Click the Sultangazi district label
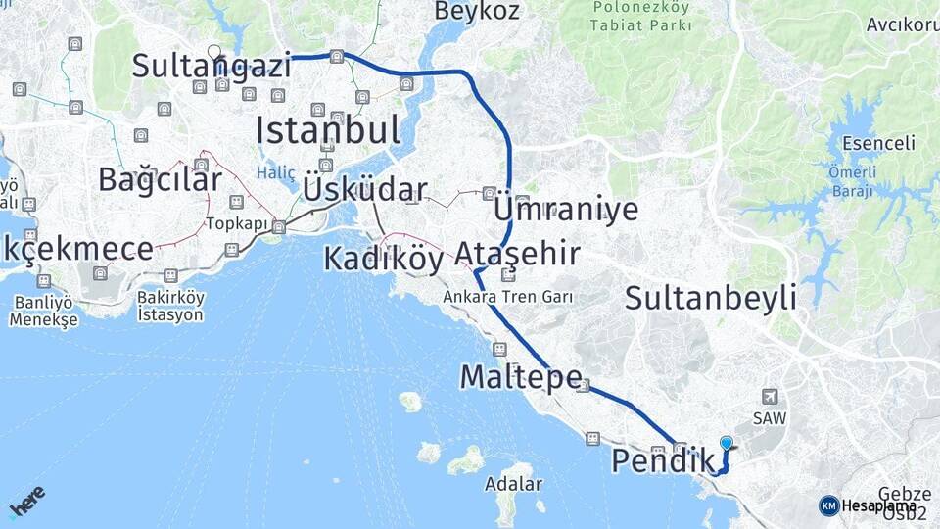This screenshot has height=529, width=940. [x=211, y=67]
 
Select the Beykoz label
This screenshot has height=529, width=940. [x=477, y=11]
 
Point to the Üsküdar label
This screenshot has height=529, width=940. [x=365, y=190]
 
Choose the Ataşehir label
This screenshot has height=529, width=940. [x=516, y=255]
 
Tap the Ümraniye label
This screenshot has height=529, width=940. [x=566, y=210]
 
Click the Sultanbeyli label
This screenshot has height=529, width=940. [x=711, y=298]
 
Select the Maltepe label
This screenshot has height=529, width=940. [x=521, y=376]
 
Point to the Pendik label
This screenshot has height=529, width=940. [x=663, y=460]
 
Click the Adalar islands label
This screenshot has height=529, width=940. [x=513, y=484]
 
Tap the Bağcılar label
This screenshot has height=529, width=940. [x=160, y=179]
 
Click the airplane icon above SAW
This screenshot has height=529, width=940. [x=770, y=396]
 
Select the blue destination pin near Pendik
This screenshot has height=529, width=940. [x=726, y=443]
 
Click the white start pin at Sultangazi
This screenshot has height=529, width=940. [x=213, y=51]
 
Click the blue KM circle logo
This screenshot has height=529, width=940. [x=828, y=505]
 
